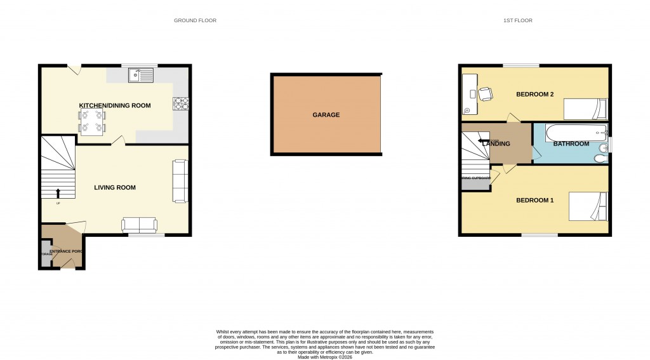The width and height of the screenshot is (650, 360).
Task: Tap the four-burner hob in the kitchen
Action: pos(180,103)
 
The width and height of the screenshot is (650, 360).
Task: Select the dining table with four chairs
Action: pos(92,121)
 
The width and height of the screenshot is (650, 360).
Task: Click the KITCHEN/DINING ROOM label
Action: pos(115,105)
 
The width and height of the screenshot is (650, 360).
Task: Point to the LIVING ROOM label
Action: pos(115,187)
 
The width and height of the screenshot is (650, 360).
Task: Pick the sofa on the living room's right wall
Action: pos(180,181)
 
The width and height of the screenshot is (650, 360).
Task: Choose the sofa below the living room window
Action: pos(139,225)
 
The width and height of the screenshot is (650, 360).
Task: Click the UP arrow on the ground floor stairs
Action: pos(59,193)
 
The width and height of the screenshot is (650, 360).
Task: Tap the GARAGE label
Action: pos(326,115)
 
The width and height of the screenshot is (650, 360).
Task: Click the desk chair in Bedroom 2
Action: pos(485,94)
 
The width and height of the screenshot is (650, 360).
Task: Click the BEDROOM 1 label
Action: pos(534,201)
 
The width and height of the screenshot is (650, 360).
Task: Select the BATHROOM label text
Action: pos(571,144)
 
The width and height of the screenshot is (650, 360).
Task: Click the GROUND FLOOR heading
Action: pos(195,20)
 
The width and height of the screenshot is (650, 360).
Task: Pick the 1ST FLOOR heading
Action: pos(517,20)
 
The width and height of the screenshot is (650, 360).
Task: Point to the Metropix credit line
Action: pos(325,356)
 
